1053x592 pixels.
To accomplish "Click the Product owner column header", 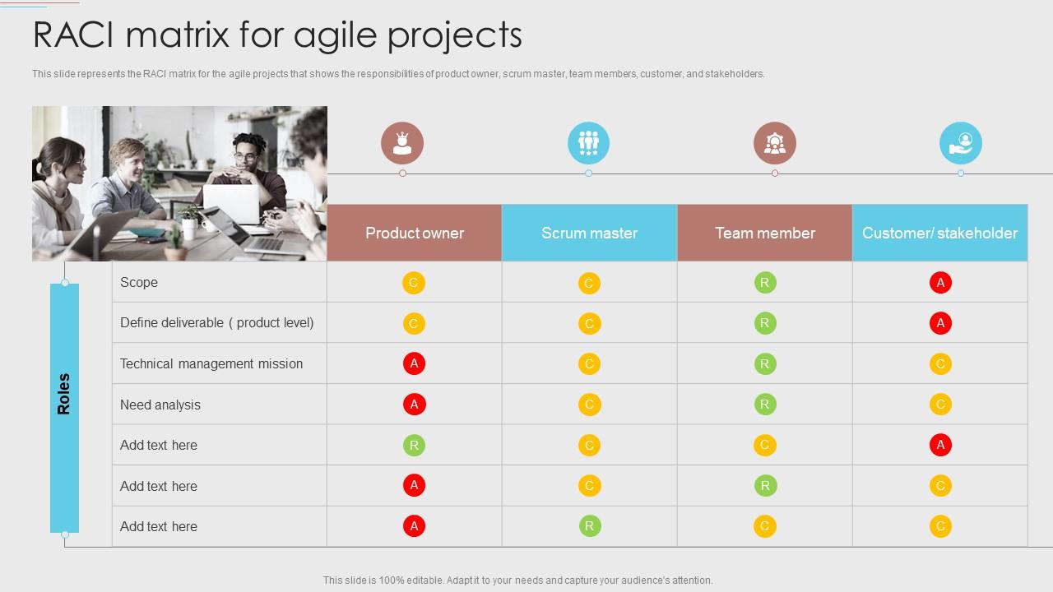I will pyautogui.click(x=414, y=233).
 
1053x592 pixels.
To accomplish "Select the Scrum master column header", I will pyautogui.click(x=589, y=233).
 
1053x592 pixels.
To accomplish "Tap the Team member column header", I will pyautogui.click(x=764, y=233).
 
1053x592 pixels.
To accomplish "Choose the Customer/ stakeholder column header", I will pyautogui.click(x=939, y=233).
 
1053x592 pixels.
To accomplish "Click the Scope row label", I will pyautogui.click(x=139, y=282).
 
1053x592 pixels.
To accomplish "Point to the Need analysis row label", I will pyautogui.click(x=160, y=405).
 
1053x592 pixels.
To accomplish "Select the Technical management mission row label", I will pyautogui.click(x=211, y=363).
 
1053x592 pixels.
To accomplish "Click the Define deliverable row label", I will pyautogui.click(x=217, y=322).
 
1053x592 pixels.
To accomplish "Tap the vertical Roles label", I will pyautogui.click(x=64, y=394).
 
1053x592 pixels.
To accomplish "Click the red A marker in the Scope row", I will pyautogui.click(x=940, y=283).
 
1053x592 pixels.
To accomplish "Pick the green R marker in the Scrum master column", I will pyautogui.click(x=589, y=526).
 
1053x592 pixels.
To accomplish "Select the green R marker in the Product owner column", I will pyautogui.click(x=414, y=446).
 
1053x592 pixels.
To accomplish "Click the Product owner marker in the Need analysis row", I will pyautogui.click(x=414, y=405).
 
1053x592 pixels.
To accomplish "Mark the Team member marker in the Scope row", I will pyautogui.click(x=765, y=283).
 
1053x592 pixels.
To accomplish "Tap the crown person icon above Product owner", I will pyautogui.click(x=402, y=143).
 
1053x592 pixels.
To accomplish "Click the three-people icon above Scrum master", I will pyautogui.click(x=588, y=143).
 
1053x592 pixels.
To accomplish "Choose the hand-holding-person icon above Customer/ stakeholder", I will pyautogui.click(x=960, y=143).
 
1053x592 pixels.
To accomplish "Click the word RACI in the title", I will pyautogui.click(x=81, y=35).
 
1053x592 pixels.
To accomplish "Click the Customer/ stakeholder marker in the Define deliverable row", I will pyautogui.click(x=940, y=323).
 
